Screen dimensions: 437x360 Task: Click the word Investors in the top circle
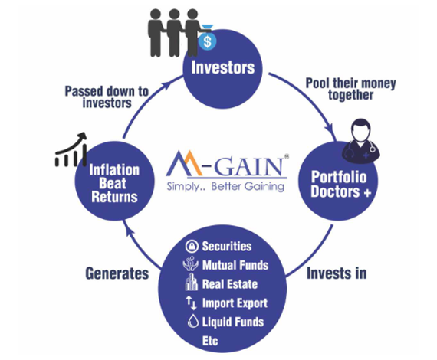click(x=222, y=67)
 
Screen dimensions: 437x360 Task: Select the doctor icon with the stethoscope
click(x=361, y=141)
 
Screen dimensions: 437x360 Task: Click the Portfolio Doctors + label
click(x=340, y=185)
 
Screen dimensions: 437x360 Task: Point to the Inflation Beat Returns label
click(x=114, y=183)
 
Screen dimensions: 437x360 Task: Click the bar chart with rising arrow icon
click(x=71, y=149)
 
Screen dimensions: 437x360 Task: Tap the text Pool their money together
click(x=350, y=89)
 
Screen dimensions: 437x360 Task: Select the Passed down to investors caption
click(x=107, y=97)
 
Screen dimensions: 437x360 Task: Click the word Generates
click(x=117, y=273)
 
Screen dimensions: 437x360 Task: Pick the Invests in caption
click(x=337, y=273)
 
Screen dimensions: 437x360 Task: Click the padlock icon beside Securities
click(x=192, y=246)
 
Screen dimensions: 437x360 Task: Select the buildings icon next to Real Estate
click(x=192, y=282)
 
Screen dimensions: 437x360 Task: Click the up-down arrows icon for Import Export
click(x=192, y=303)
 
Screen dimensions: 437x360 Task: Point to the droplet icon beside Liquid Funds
click(x=193, y=321)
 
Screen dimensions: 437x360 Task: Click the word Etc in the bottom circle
click(x=210, y=341)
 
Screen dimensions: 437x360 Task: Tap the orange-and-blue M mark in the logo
click(x=185, y=164)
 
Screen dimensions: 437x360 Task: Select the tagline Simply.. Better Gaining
click(x=225, y=186)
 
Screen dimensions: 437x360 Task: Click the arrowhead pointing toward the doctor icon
click(x=330, y=129)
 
